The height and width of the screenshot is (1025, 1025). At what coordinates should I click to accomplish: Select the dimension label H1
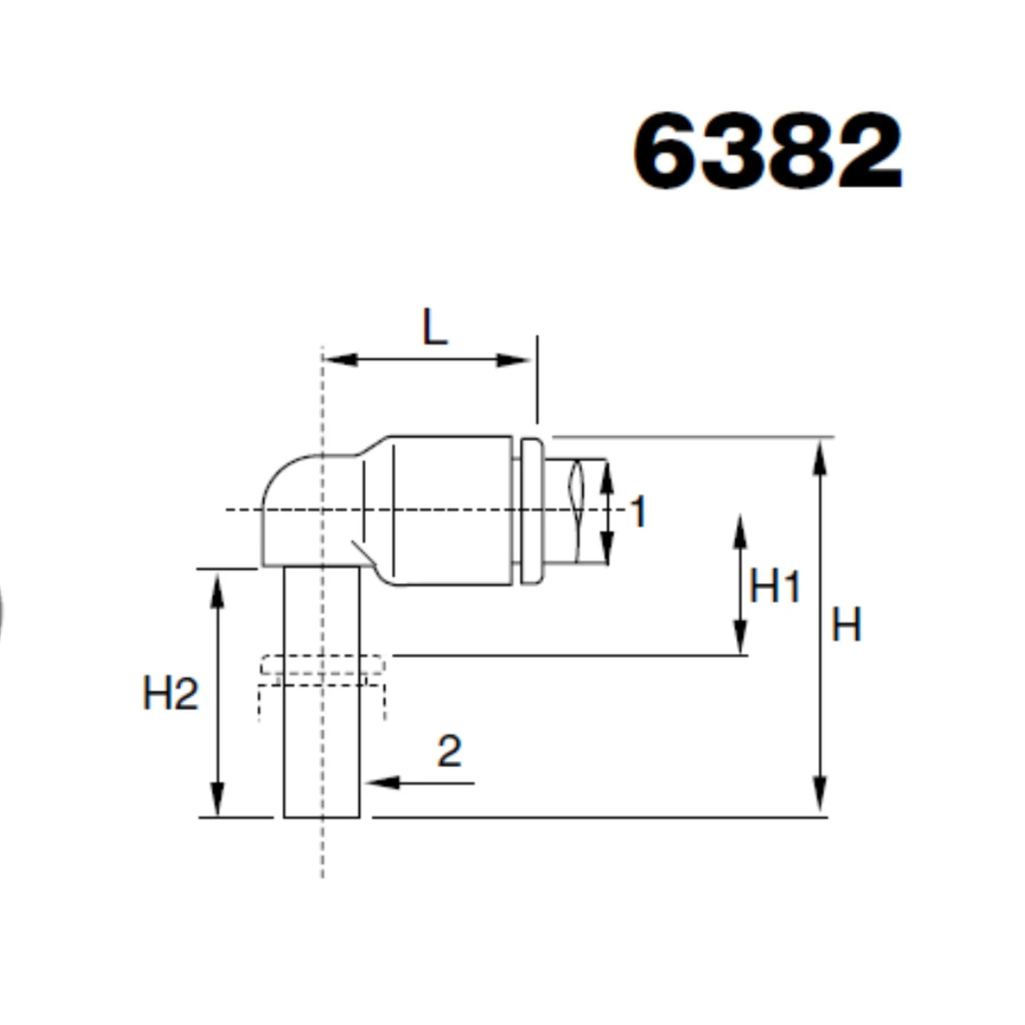pos(774,586)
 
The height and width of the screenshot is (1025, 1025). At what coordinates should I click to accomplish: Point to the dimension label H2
pos(170,692)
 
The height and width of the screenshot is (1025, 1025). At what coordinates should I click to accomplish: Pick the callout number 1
pos(638,511)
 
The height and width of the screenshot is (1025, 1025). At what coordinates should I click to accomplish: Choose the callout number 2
pos(449,751)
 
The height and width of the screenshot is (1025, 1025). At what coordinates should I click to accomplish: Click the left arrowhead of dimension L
pos(340,360)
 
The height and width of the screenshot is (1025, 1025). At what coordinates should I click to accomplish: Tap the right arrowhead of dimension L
pos(513,360)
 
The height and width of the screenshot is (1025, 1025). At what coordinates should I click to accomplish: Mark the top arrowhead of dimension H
pos(819,459)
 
